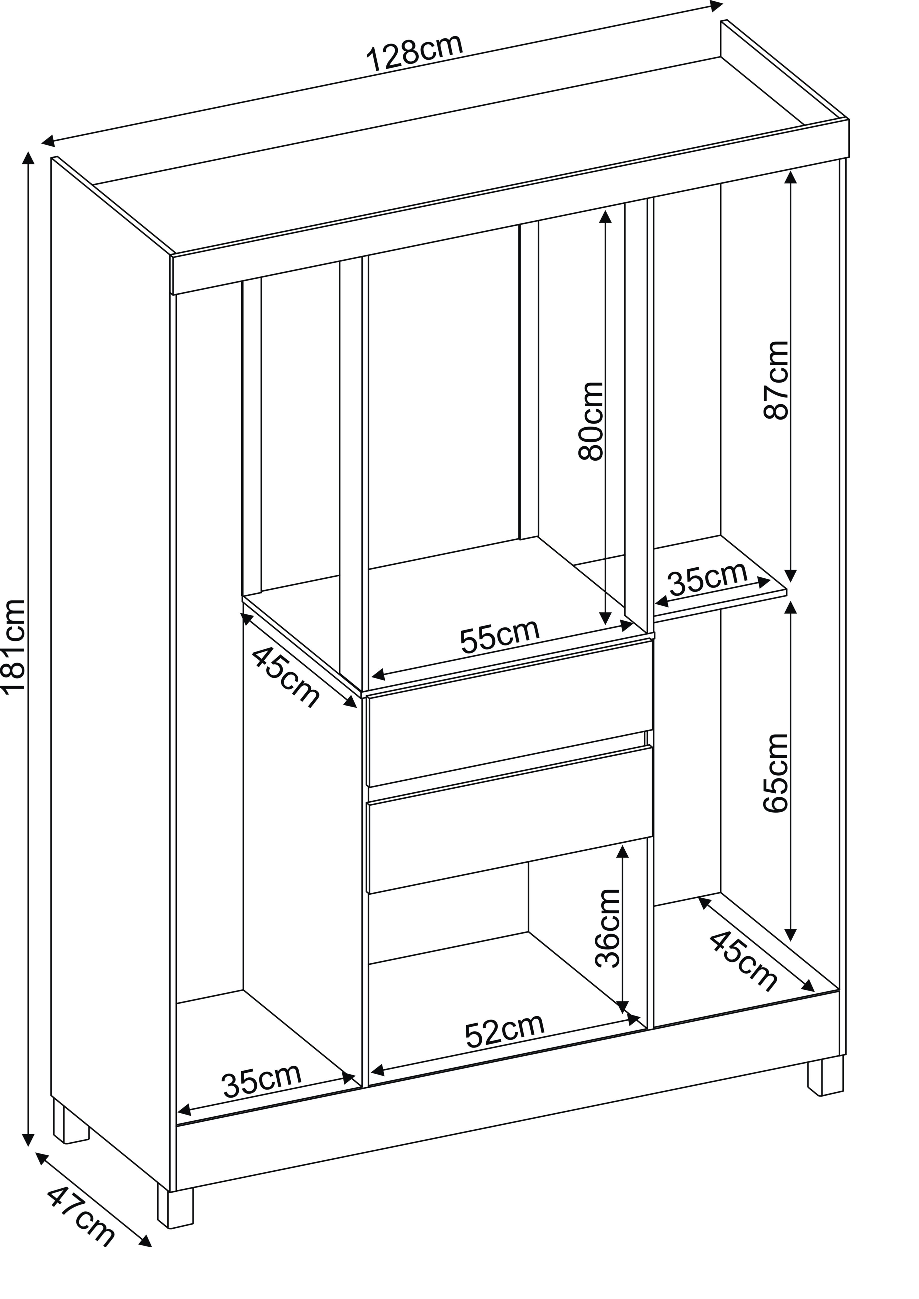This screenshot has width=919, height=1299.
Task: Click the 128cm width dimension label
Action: point(415,52)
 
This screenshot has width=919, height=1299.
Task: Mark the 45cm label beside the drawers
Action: point(285,677)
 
